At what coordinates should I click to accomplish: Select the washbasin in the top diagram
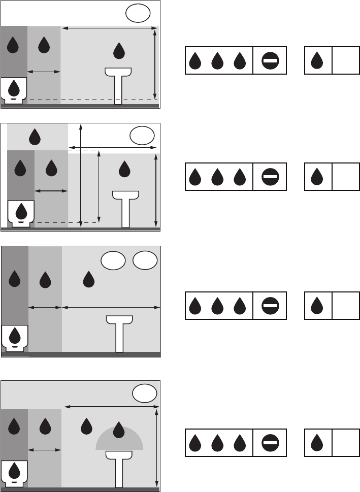tap(118, 81)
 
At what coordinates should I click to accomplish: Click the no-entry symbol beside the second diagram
tap(270, 177)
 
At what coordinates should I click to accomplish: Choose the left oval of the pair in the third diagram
tap(113, 260)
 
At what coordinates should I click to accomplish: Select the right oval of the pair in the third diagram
tap(145, 260)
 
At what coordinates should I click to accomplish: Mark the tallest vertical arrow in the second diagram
tap(81, 175)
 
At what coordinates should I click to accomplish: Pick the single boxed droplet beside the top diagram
tap(317, 61)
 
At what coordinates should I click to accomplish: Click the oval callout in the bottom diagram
tap(144, 393)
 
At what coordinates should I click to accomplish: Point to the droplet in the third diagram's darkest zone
tap(15, 278)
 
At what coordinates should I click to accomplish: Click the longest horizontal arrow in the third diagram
tap(111, 307)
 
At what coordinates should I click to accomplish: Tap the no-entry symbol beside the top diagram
tap(270, 61)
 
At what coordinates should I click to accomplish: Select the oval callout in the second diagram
tap(142, 136)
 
